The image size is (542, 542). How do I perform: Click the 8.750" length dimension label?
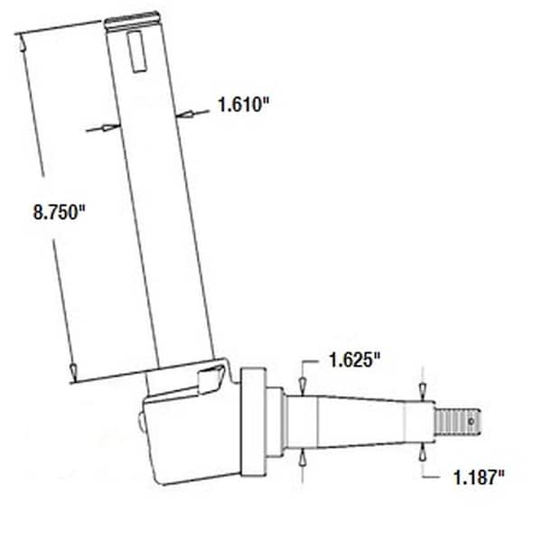[x=59, y=213]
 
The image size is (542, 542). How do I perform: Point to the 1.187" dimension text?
[x=474, y=478]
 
